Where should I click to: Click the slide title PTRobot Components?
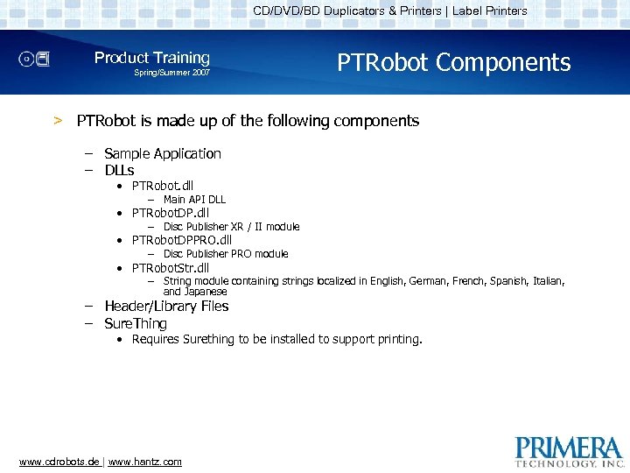pos(453,63)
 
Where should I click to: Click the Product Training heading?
pos(152,58)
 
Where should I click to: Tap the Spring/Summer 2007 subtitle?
pos(171,73)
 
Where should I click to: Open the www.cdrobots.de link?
pos(59,462)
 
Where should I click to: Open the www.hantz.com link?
pos(145,462)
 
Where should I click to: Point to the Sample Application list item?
pos(163,153)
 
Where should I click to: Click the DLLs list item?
pos(119,170)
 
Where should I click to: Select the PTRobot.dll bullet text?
pos(163,186)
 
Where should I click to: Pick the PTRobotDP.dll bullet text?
pos(171,213)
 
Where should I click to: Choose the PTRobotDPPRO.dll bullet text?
pos(182,240)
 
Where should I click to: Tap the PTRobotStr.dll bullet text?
pos(171,268)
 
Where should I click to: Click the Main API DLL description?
pos(194,200)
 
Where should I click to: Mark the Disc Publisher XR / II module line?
pos(231,227)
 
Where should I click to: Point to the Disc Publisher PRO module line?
pos(226,254)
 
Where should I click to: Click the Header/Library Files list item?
pos(166,307)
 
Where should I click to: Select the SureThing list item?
pos(136,323)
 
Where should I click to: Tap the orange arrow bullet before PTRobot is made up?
pos(58,121)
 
